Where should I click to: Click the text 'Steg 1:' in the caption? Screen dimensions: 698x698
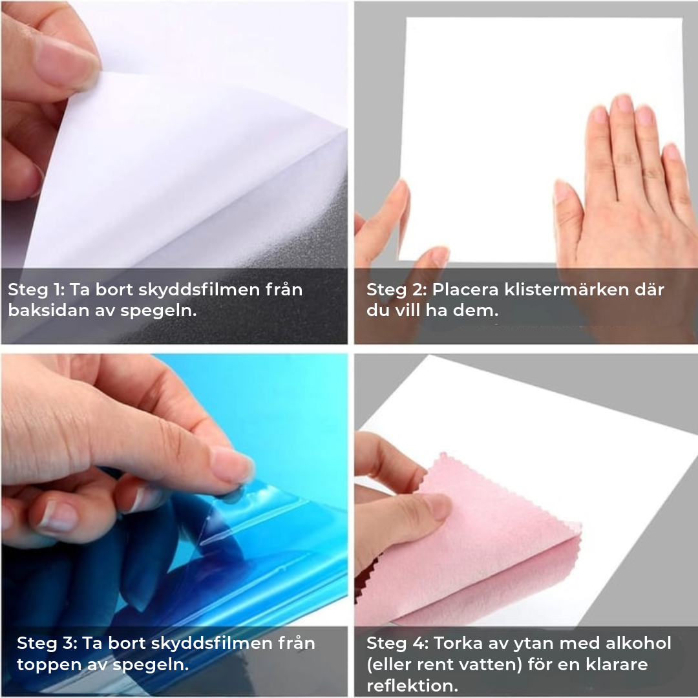point(36,290)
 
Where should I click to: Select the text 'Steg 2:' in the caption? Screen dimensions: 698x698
point(396,290)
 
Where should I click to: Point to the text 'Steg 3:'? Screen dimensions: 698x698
point(47,643)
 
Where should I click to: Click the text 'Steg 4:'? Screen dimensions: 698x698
point(397,643)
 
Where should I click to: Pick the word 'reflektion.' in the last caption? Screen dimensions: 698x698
point(412,686)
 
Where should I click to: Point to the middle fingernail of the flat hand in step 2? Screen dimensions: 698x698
point(623,103)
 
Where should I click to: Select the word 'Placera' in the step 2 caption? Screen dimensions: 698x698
point(465,290)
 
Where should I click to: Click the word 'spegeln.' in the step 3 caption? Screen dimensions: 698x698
point(151,665)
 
